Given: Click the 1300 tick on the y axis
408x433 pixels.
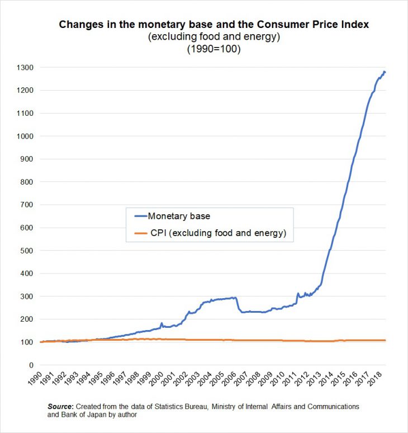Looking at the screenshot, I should pos(25,68).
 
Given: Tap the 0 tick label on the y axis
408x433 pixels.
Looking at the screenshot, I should pos(31,365).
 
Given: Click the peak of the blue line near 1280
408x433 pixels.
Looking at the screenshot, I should pos(384,72).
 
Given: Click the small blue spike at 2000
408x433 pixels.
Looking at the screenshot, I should pos(162,323).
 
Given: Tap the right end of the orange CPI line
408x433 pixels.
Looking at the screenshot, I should pos(385,340).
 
